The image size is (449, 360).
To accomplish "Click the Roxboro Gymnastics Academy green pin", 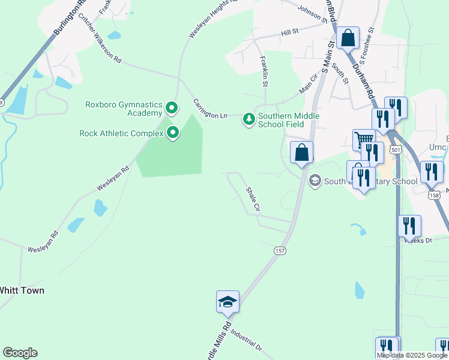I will (172, 109).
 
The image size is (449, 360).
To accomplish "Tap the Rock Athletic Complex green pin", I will (173, 133).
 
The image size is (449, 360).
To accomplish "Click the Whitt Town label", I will (22, 290).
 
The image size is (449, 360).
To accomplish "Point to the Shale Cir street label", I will (253, 200).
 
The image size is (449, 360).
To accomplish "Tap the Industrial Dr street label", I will (246, 341).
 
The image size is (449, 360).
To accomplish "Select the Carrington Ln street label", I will (210, 108).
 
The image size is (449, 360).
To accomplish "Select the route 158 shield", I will (434, 195).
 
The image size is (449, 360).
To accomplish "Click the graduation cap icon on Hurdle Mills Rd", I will (228, 301).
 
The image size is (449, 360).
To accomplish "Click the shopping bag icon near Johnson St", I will (348, 38).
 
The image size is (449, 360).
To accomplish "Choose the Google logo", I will (20, 353).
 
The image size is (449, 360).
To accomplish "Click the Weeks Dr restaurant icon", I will (409, 226).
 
